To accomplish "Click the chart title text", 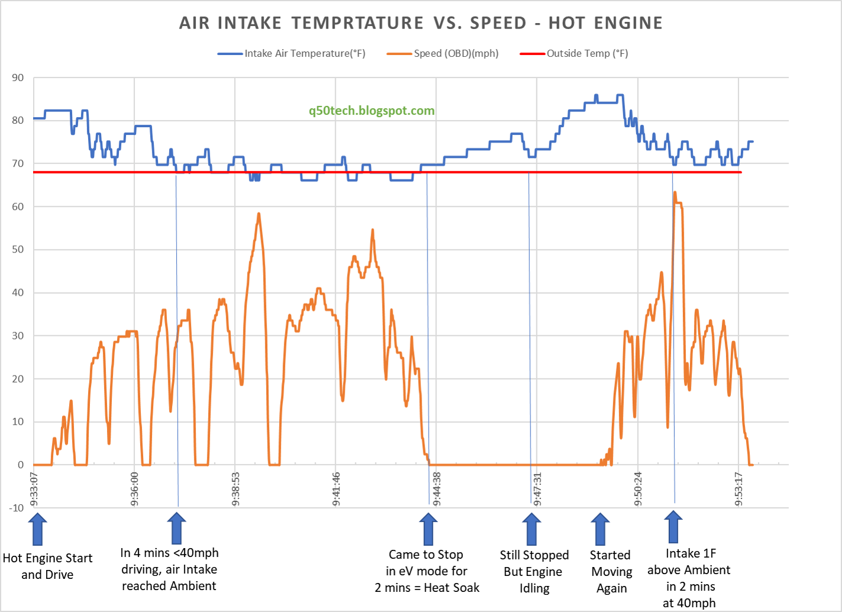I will click(x=420, y=23).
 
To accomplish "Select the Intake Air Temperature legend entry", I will click(x=305, y=53).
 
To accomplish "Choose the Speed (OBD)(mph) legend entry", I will click(x=455, y=53).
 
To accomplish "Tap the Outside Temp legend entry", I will click(x=587, y=53).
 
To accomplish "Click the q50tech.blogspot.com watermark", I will click(x=371, y=111).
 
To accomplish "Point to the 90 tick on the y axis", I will click(x=18, y=77).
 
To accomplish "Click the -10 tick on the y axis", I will click(x=17, y=508).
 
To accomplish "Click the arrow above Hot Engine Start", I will click(x=37, y=529).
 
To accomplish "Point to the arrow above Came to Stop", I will click(x=428, y=529).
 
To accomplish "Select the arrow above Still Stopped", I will click(x=532, y=529).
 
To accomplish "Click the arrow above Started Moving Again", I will click(x=600, y=529).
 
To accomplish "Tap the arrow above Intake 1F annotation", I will click(x=673, y=527).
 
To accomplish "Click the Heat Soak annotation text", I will click(x=427, y=588).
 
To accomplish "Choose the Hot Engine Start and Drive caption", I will click(x=47, y=566).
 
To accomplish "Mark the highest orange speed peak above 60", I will click(x=675, y=192).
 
